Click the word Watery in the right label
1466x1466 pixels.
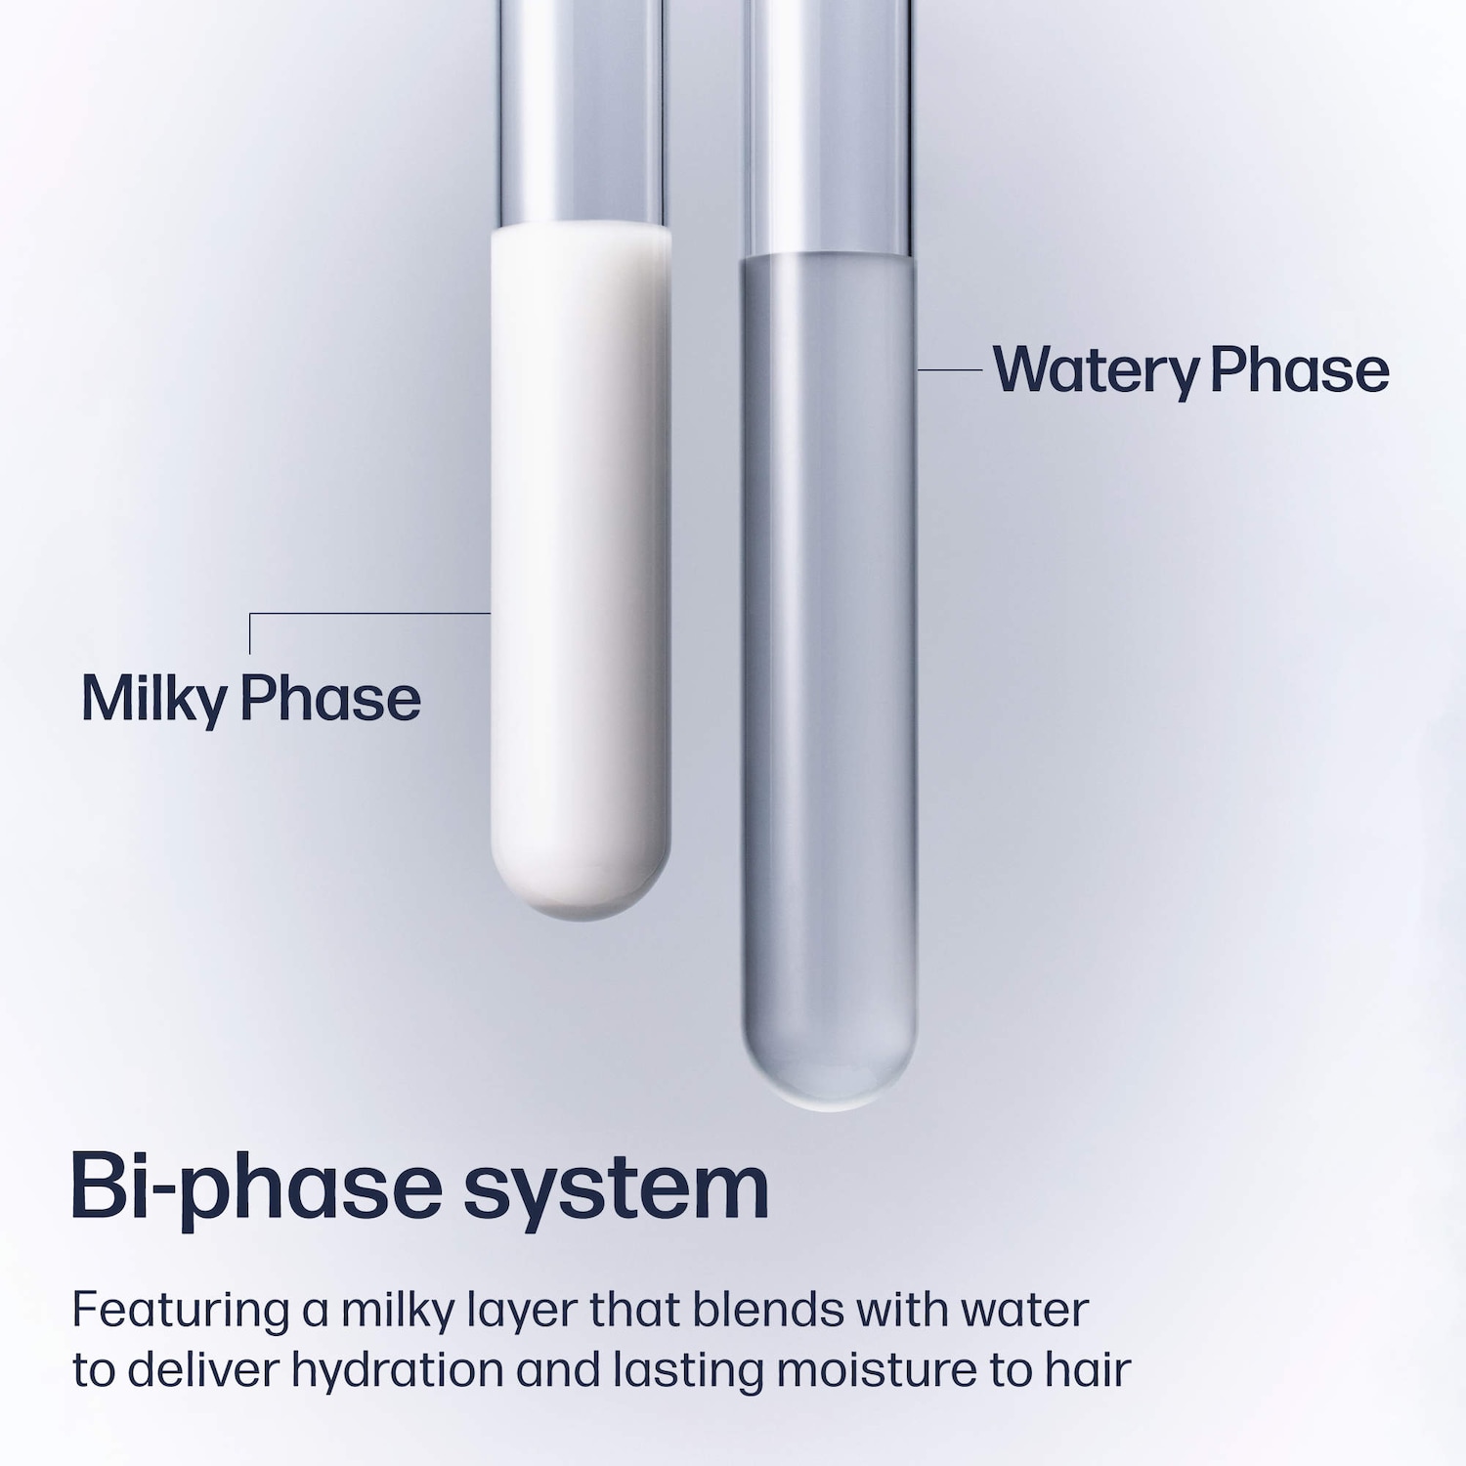coord(1097,370)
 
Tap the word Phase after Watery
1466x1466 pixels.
coord(1300,369)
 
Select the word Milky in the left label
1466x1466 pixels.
coord(154,700)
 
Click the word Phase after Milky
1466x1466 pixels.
coord(330,698)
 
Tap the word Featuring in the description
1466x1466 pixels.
coord(181,1311)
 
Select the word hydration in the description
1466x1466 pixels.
coord(397,1370)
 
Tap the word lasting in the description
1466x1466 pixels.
coord(689,1370)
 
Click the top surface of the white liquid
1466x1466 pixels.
coord(581,231)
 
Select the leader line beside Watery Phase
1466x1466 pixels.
coord(950,370)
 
